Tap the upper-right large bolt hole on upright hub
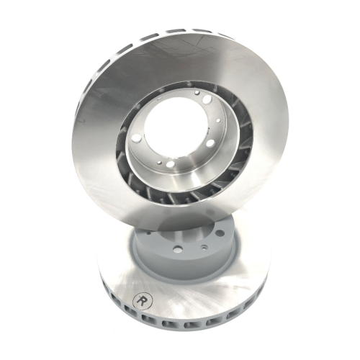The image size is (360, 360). pos(207,99)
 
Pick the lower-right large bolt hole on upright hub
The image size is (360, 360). pos(210,143)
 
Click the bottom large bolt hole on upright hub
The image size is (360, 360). pos(171,164)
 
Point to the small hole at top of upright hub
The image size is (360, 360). pos(197,92)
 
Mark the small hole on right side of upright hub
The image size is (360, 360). pos(218,121)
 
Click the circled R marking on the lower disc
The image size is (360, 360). pos(142,300)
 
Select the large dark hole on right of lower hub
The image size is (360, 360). pos(220,233)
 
